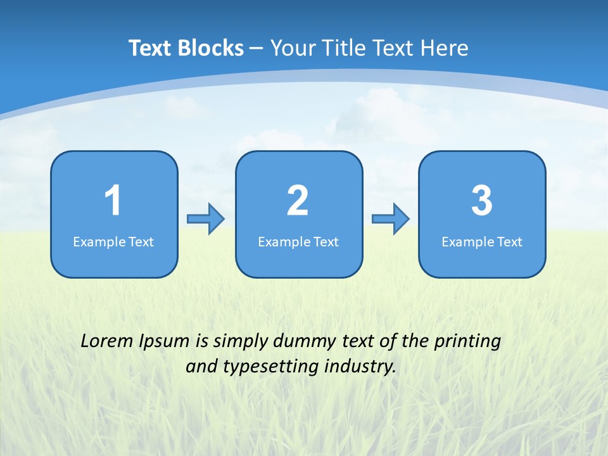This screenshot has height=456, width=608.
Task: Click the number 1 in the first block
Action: point(113,201)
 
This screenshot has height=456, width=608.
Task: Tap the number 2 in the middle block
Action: point(298,201)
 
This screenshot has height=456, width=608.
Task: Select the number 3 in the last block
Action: point(482,201)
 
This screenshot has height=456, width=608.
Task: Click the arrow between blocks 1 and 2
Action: point(206,219)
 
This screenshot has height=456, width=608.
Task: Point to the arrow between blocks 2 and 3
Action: point(391,219)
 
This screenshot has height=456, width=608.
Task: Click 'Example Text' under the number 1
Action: point(113,242)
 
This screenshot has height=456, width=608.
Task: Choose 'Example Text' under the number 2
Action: point(298,242)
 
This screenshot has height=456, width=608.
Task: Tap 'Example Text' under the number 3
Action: point(482,242)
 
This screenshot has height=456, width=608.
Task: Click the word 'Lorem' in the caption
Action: point(107,341)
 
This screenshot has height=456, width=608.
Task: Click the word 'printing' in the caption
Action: point(467,342)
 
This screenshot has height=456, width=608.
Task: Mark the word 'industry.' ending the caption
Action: point(360,367)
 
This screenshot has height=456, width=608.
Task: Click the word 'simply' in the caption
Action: point(241,342)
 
